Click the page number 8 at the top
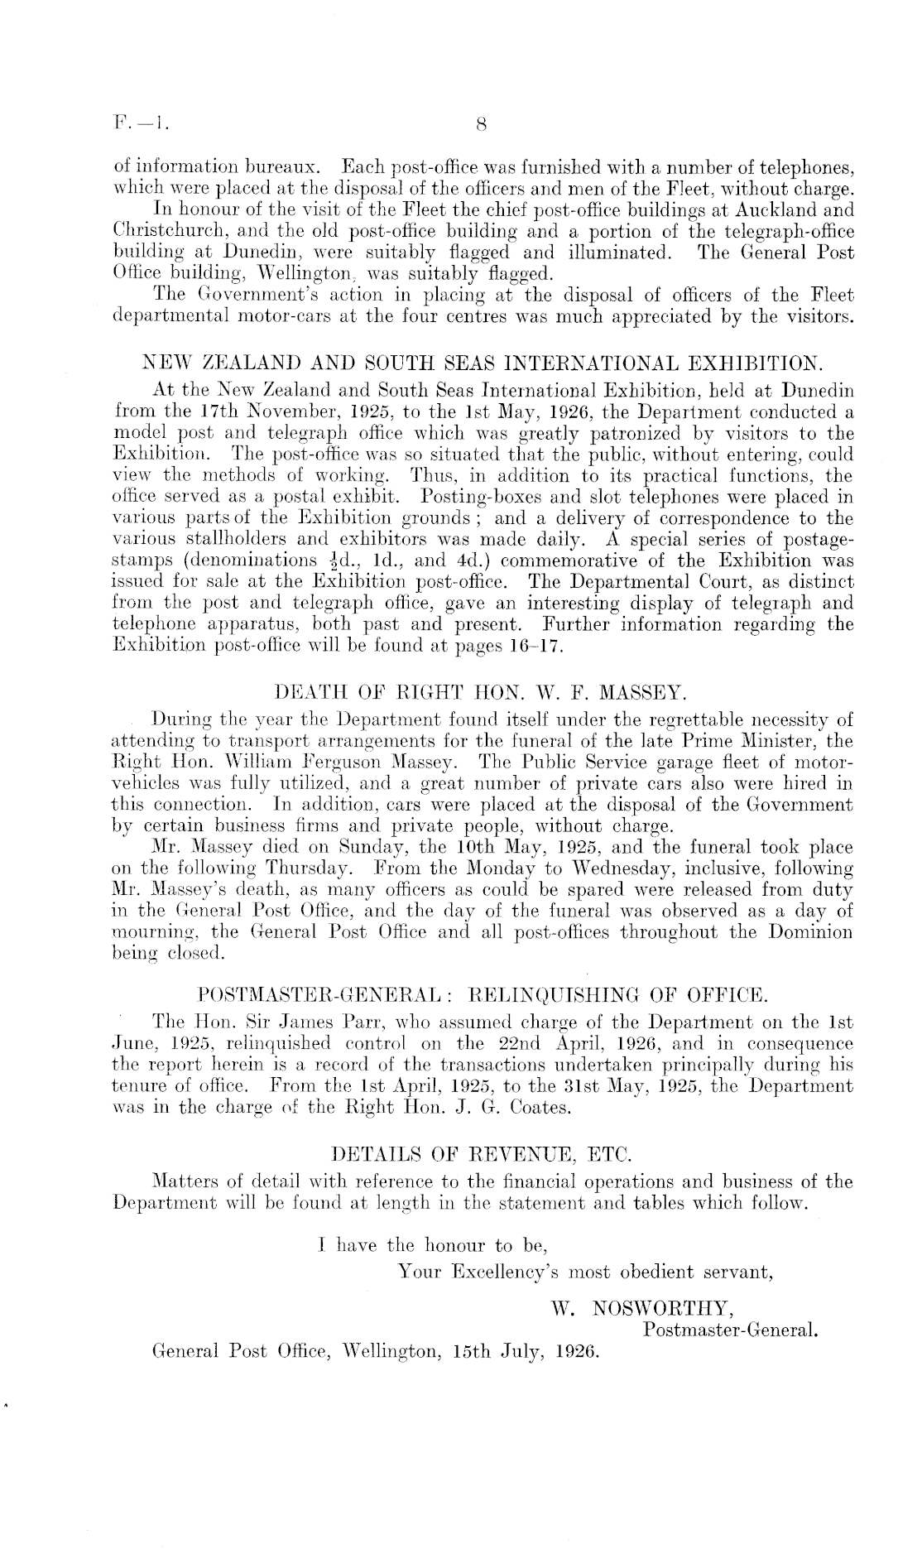coord(480,125)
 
